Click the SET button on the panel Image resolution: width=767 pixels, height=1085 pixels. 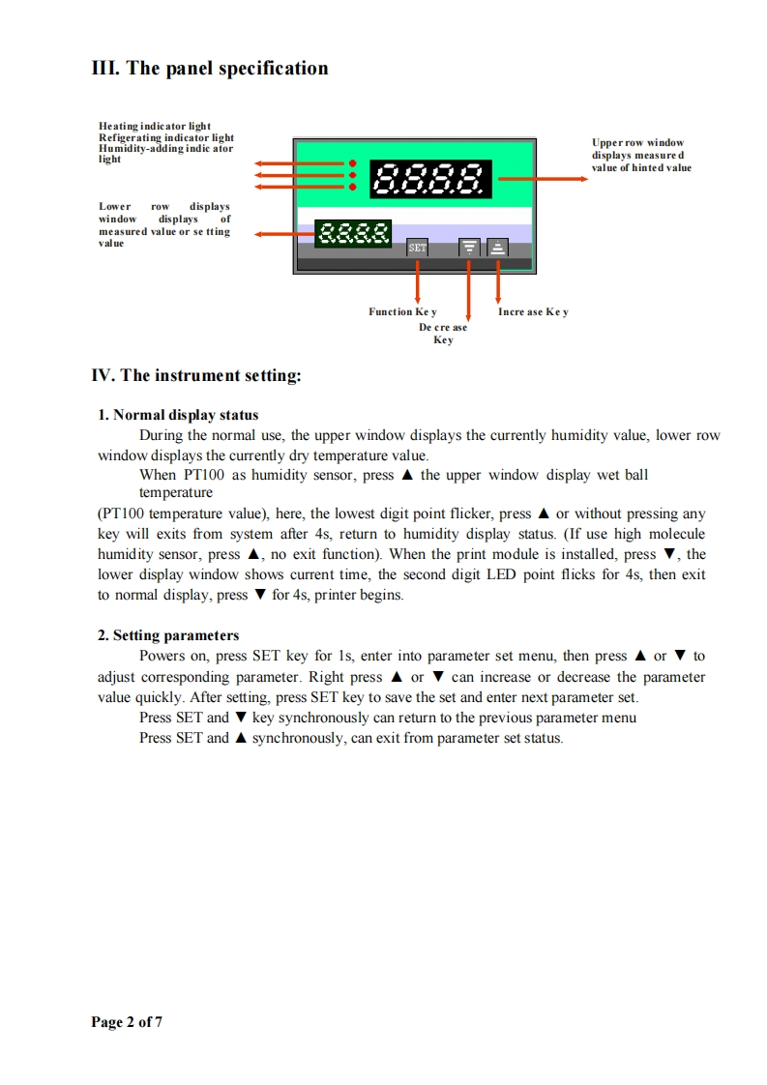417,248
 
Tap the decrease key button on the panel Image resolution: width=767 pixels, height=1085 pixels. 469,248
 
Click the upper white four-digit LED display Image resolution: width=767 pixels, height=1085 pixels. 430,178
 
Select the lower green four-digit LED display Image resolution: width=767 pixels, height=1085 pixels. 354,232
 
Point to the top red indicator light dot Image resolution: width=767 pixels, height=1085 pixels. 353,163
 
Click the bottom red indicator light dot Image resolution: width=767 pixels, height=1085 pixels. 353,187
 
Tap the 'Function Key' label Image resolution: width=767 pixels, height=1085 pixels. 402,311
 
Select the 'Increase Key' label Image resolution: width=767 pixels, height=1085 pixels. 533,311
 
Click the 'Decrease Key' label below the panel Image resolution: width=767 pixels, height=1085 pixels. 443,334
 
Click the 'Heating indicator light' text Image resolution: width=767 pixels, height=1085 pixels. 155,127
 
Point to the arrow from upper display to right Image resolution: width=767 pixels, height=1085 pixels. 542,178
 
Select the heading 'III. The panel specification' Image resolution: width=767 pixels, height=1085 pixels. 210,69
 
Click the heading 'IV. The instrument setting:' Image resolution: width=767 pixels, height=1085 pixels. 196,375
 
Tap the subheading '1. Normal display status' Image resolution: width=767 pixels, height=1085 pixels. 178,415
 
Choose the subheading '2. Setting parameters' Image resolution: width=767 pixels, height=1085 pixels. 168,635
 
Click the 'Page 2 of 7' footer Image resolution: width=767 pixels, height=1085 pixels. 127,1022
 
